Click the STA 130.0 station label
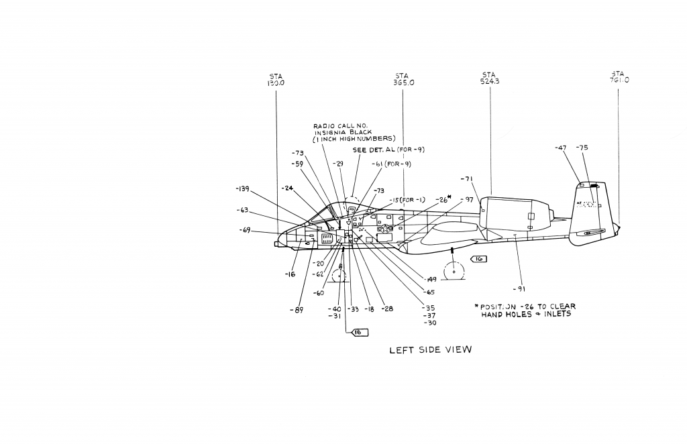coord(276,80)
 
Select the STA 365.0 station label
coord(404,79)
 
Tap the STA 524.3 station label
coord(490,78)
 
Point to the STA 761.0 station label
coord(619,77)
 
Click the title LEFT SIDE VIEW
coord(431,349)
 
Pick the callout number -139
coord(242,189)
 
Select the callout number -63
coord(243,210)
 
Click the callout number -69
coord(246,231)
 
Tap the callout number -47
coord(562,148)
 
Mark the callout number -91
coord(519,289)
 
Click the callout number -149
coord(430,279)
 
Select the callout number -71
coord(467,178)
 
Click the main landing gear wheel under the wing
coord(454,272)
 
